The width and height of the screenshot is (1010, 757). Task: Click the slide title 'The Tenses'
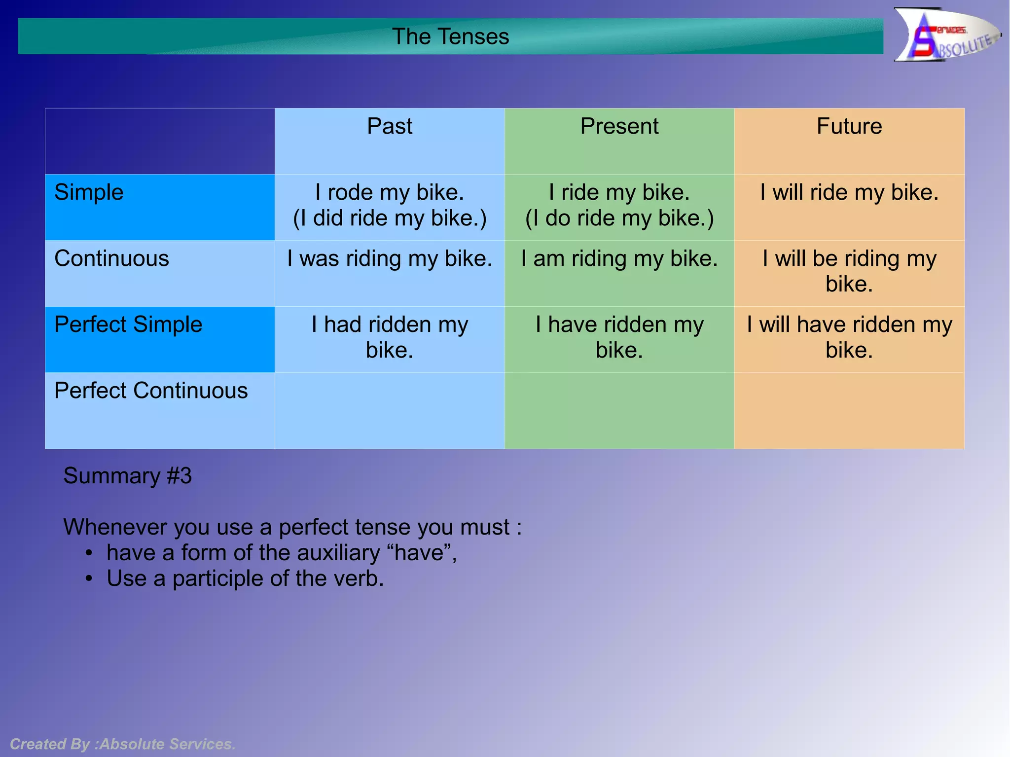pyautogui.click(x=450, y=36)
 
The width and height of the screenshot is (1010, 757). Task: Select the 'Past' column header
pyautogui.click(x=389, y=126)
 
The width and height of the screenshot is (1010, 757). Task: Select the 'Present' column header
pyautogui.click(x=619, y=126)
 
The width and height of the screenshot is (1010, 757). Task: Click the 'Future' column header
pyautogui.click(x=849, y=126)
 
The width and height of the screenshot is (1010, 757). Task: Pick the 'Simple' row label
pyautogui.click(x=89, y=192)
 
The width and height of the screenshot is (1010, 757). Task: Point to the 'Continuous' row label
pyautogui.click(x=111, y=258)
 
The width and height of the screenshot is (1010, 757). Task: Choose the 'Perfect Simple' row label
pyautogui.click(x=128, y=324)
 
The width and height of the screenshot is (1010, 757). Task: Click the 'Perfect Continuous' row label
pyautogui.click(x=151, y=391)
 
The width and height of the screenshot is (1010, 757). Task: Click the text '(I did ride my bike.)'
pyautogui.click(x=390, y=218)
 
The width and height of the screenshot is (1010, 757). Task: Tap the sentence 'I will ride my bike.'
pyautogui.click(x=849, y=192)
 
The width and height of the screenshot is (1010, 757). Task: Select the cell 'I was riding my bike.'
pyautogui.click(x=390, y=258)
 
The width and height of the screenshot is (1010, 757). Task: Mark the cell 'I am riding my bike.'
pyautogui.click(x=619, y=258)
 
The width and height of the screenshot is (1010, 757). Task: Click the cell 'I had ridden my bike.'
pyautogui.click(x=390, y=337)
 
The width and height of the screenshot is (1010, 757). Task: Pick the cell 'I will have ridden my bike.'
pyautogui.click(x=849, y=337)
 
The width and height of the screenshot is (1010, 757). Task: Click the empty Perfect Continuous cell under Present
pyautogui.click(x=619, y=410)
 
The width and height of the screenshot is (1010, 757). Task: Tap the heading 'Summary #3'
pyautogui.click(x=127, y=476)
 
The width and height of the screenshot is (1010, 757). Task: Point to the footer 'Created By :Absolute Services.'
pyautogui.click(x=123, y=744)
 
